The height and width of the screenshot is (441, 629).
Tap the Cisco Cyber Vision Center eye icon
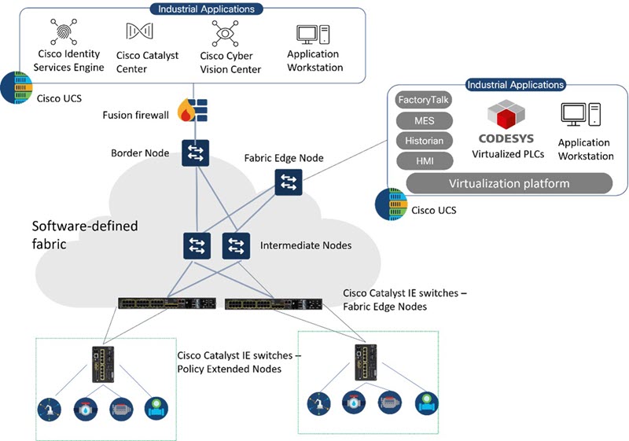tap(224, 33)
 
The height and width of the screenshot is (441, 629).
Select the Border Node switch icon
tap(193, 152)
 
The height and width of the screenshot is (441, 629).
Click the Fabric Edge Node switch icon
tap(286, 182)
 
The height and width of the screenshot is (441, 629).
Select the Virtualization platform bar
tap(509, 184)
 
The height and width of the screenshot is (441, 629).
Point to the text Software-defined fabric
tap(85, 234)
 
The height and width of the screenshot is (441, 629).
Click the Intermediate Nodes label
tap(306, 245)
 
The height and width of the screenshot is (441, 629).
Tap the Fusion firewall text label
tap(135, 116)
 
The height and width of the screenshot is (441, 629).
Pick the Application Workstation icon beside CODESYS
tap(581, 116)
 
